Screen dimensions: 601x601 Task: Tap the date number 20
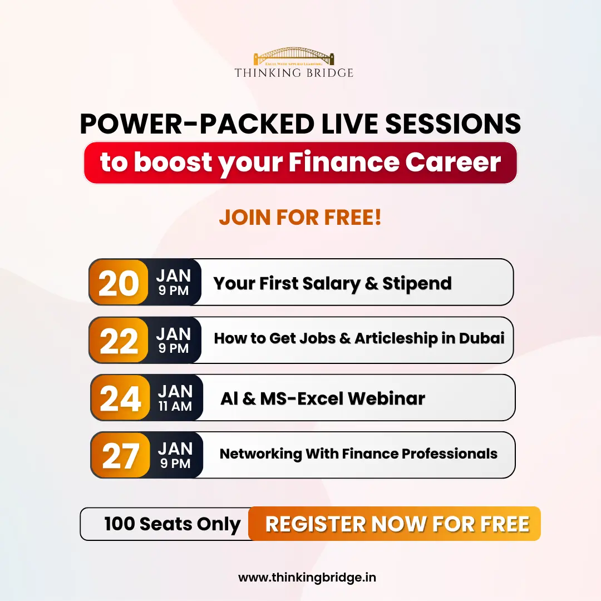pyautogui.click(x=119, y=283)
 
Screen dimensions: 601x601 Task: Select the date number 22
pyautogui.click(x=119, y=341)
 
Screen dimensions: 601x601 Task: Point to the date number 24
pyautogui.click(x=120, y=398)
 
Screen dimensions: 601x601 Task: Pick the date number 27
pyautogui.click(x=120, y=456)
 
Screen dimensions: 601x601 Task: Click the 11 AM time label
pyautogui.click(x=175, y=406)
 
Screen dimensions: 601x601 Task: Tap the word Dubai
pyautogui.click(x=481, y=338)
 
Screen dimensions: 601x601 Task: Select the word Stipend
pyautogui.click(x=417, y=283)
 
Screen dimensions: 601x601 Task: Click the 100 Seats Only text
pyautogui.click(x=173, y=524)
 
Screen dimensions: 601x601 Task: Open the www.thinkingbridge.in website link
pyautogui.click(x=307, y=578)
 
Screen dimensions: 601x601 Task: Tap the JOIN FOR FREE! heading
pyautogui.click(x=300, y=218)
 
